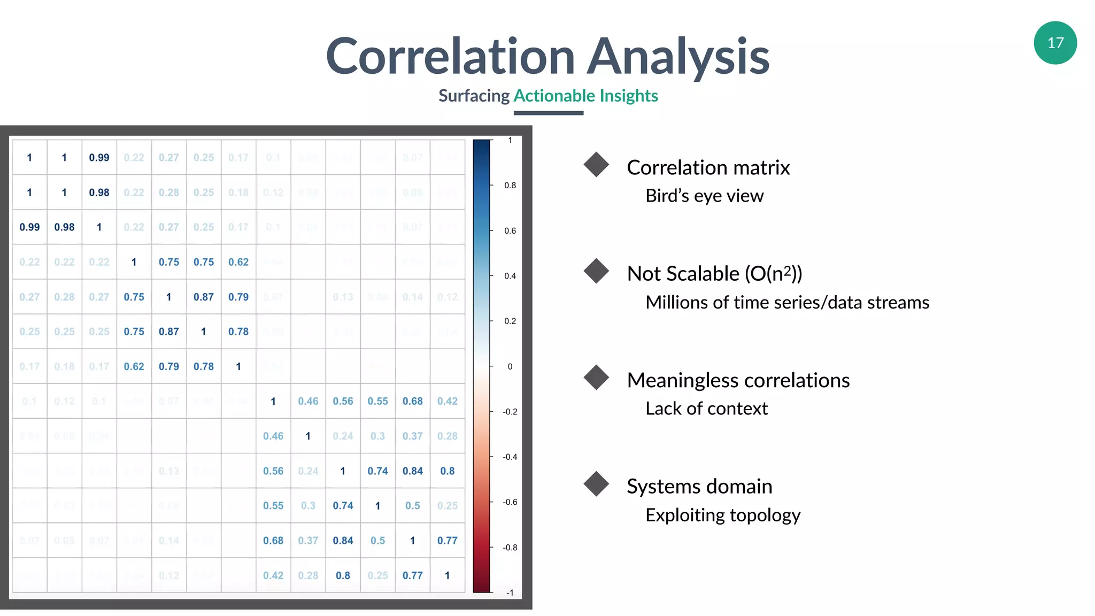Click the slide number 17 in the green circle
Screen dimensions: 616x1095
[x=1055, y=43]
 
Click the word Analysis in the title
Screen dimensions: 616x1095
[x=678, y=57]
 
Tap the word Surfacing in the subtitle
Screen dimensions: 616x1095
[x=474, y=96]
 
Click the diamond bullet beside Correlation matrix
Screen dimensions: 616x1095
[x=596, y=164]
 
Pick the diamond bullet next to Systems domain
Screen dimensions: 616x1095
[x=596, y=483]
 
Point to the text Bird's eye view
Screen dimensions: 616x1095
[x=704, y=196]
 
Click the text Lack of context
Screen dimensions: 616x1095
[x=706, y=409]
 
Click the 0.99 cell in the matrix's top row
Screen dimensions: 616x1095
[x=99, y=158]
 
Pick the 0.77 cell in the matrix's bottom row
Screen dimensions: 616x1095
[x=412, y=575]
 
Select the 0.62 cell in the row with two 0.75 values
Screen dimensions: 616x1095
[x=238, y=262]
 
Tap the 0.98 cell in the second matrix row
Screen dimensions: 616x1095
[x=99, y=192]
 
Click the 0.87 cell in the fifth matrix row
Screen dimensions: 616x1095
[x=204, y=297]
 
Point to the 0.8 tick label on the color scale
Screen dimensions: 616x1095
[x=510, y=186]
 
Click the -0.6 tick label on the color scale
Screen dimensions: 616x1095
[x=510, y=502]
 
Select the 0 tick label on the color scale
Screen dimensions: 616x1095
[x=510, y=367]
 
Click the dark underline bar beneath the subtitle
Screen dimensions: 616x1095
[x=548, y=113]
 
